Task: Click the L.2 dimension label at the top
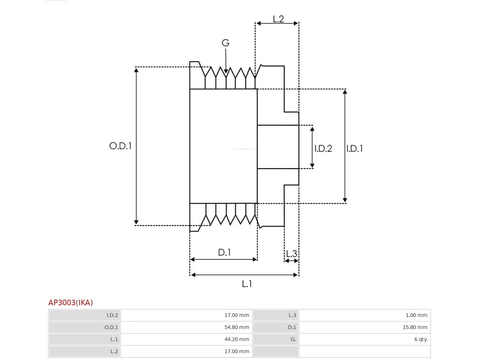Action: coord(278,19)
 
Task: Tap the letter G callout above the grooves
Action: coord(225,43)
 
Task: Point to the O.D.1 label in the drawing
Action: coord(120,146)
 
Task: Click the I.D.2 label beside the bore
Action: coord(323,148)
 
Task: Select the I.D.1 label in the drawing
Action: coord(354,148)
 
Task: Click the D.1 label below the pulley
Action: coord(224,252)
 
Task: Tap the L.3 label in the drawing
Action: coord(292,254)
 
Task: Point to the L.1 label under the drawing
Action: coord(247,284)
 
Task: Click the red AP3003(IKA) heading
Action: coord(70,303)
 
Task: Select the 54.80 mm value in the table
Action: coord(237,327)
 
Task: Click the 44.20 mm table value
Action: coord(237,339)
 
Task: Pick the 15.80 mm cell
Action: coord(415,327)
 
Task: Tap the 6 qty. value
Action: coord(421,339)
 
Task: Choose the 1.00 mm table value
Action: coord(416,315)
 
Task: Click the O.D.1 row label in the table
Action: coord(111,327)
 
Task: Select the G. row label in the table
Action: coord(293,339)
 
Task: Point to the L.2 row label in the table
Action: coord(114,351)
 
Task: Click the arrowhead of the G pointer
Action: coord(226,71)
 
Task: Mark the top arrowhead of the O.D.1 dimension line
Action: coord(136,70)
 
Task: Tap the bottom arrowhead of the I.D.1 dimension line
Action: coord(345,200)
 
